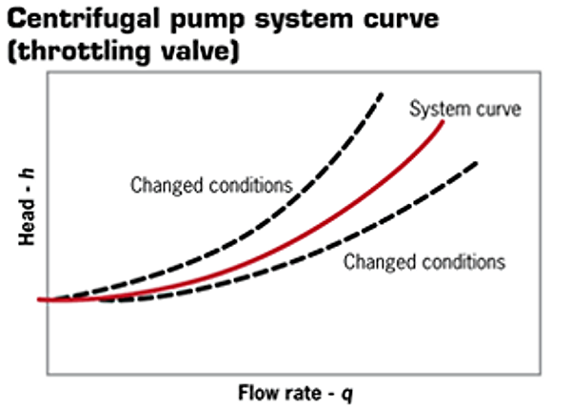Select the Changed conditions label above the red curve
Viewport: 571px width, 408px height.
click(210, 185)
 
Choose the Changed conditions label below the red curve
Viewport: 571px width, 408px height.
click(423, 260)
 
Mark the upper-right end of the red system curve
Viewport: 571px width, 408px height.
click(443, 121)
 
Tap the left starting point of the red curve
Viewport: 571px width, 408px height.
click(40, 299)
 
